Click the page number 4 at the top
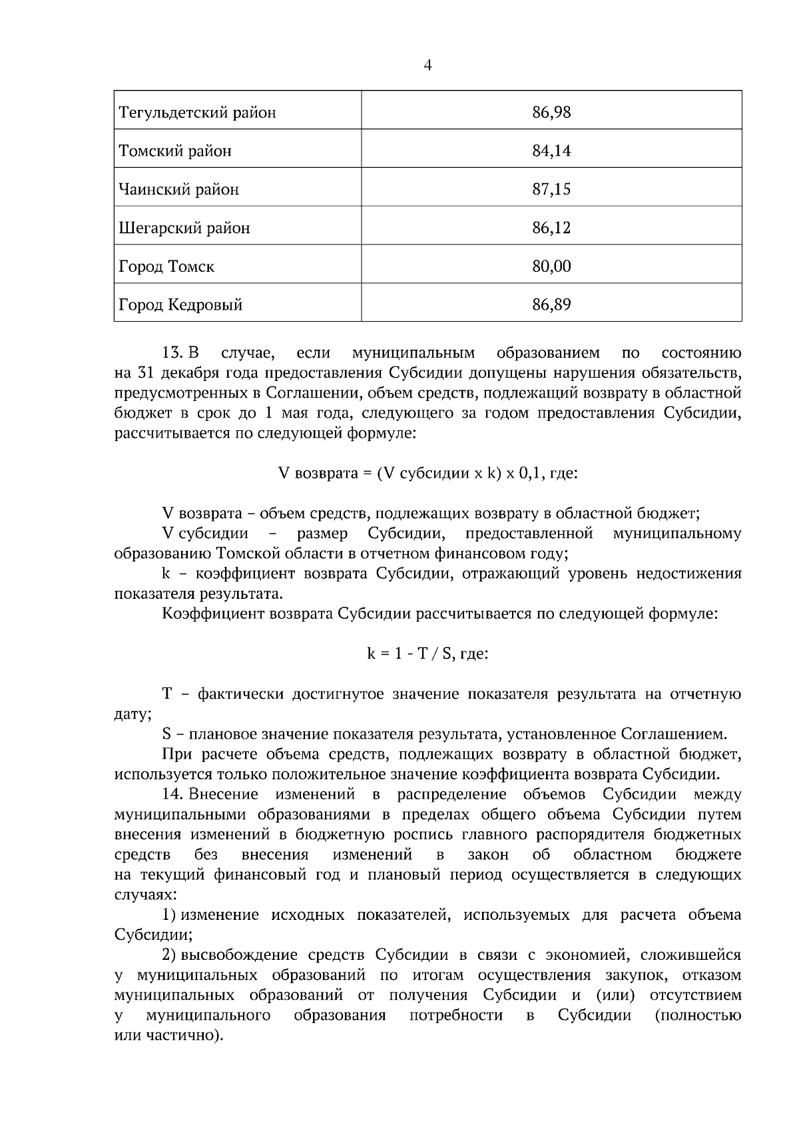(x=427, y=65)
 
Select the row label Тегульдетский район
(x=197, y=112)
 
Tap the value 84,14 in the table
(x=551, y=151)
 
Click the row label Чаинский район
(x=178, y=189)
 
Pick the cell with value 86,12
(x=551, y=228)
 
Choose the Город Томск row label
(x=166, y=266)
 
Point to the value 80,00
(x=551, y=266)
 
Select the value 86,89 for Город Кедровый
(x=551, y=305)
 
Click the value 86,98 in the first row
(x=551, y=112)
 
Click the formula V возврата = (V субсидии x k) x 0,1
(x=427, y=474)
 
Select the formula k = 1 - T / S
(x=427, y=654)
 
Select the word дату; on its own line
(x=133, y=715)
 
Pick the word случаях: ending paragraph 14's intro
(x=140, y=895)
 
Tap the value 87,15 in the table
(x=551, y=189)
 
